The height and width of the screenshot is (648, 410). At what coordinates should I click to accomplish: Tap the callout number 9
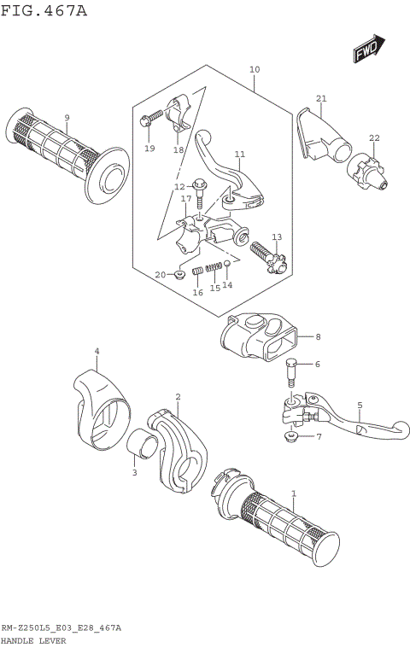[67, 117]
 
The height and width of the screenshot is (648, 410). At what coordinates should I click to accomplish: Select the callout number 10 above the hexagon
[254, 69]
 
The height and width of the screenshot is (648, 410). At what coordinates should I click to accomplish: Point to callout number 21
[321, 98]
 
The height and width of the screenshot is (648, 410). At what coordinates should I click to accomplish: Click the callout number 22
[374, 138]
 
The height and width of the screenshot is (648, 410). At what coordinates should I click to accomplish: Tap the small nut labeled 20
[180, 274]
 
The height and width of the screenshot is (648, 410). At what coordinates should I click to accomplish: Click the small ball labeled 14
[227, 265]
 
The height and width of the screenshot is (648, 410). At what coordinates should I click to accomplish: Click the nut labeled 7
[292, 438]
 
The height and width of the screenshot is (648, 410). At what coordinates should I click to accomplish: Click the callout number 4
[97, 351]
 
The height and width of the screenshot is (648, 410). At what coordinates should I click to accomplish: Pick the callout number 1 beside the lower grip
[294, 493]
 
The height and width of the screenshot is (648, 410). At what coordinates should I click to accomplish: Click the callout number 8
[317, 337]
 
